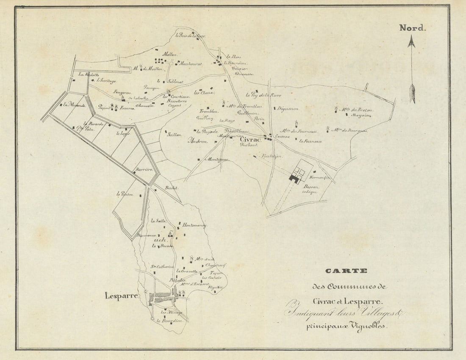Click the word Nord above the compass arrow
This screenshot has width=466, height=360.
point(412,28)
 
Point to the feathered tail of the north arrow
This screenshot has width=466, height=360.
point(412,94)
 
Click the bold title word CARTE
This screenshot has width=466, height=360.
point(346,271)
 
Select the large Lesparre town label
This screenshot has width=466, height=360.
point(121,296)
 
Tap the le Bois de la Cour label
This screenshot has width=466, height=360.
point(191,36)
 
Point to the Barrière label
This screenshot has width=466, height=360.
point(144,169)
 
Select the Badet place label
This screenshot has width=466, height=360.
point(172,187)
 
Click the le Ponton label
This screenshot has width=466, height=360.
point(125,194)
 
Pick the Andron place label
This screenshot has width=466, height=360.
point(197,141)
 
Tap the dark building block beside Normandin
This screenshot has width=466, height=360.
point(294,179)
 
